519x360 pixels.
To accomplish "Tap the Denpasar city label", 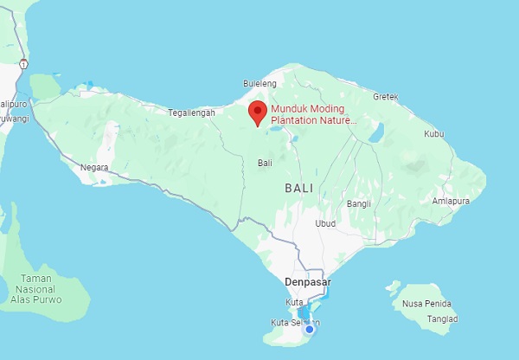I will [x=308, y=282].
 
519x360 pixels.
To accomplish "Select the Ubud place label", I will [x=324, y=223].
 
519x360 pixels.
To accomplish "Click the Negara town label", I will [x=94, y=167].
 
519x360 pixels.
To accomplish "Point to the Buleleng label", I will [x=259, y=85].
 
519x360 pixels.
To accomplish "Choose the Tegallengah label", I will [x=192, y=113].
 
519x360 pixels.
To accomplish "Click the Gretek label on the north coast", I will [x=385, y=97].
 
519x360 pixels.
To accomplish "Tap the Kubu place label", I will [x=433, y=134].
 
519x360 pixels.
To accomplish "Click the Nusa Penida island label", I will [x=427, y=304].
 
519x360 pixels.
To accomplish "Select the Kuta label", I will [x=294, y=302].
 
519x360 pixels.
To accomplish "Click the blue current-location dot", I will [x=309, y=329].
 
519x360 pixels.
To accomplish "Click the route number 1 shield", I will [x=22, y=65].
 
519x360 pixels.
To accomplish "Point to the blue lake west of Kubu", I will [x=376, y=132].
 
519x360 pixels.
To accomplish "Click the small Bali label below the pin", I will [x=265, y=163].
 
